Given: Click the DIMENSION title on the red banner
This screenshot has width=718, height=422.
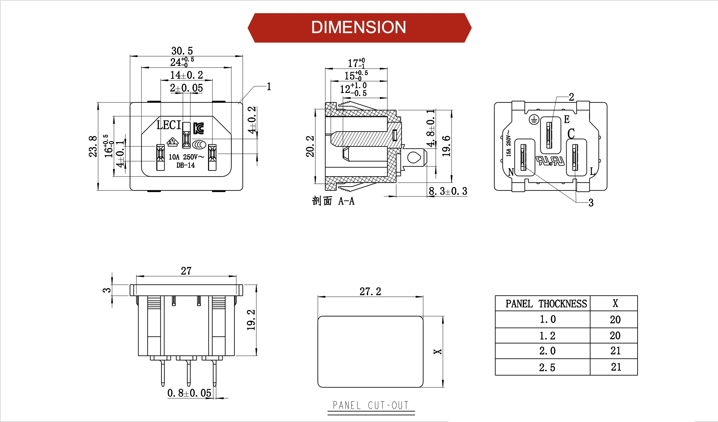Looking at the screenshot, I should pos(358,27).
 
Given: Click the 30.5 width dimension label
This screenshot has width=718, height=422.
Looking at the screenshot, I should pos(182,51).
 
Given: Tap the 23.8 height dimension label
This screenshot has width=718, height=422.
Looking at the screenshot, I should pos(93,146).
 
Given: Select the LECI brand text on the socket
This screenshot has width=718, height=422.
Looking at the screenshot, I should pos(169,125).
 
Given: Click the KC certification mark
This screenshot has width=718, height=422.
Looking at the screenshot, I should pos(199,128).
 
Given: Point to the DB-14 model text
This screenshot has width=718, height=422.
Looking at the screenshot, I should pos(185,165).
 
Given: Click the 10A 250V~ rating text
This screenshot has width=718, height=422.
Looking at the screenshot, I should pos(186,157).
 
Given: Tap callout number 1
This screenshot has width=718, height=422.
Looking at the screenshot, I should pos(269,87).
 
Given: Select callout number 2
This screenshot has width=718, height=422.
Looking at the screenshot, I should pos(571,97).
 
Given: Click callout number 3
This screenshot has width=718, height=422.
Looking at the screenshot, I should pos(591,203).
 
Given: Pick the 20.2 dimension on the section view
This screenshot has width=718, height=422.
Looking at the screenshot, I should pos(310,146).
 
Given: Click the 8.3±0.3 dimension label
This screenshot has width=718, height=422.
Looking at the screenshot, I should pos(448,191).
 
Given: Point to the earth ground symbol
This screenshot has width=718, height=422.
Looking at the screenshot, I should pos(534,119).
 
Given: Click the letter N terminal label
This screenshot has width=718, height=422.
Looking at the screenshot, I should pos(511,172).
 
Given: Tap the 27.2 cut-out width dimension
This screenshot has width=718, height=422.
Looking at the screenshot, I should pos(370,291).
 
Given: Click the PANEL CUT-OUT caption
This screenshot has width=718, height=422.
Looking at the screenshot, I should pos(370,405).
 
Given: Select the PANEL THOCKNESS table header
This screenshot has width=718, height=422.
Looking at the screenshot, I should pos(546,304).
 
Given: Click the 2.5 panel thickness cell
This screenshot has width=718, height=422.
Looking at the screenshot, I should pos(547,368).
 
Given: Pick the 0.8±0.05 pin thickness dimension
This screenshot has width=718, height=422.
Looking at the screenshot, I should pos(189,393).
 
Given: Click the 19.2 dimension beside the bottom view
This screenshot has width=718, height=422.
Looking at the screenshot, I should pos(251,320).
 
